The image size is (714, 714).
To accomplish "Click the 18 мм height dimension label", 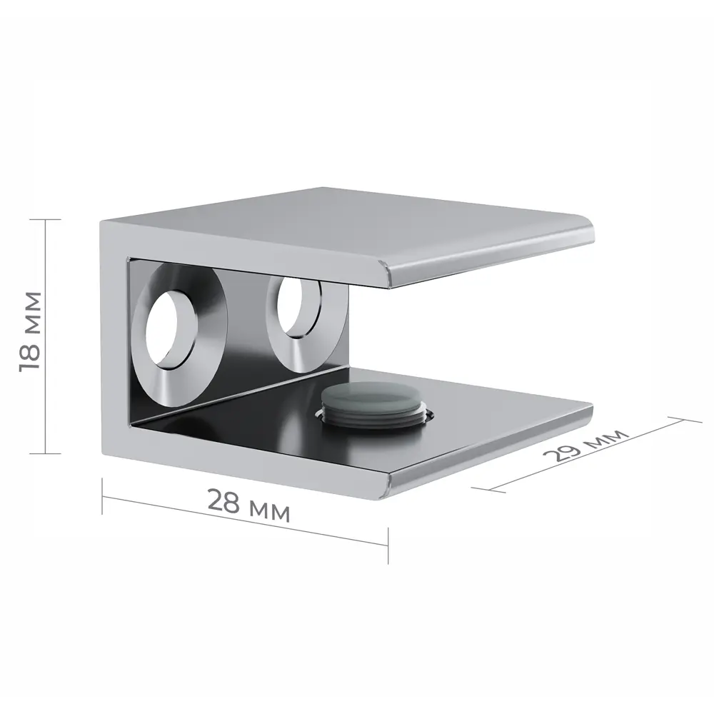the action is tap(31, 331).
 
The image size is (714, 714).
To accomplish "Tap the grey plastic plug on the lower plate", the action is tap(373, 405).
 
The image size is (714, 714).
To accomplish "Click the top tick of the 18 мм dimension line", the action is tap(45, 219).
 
